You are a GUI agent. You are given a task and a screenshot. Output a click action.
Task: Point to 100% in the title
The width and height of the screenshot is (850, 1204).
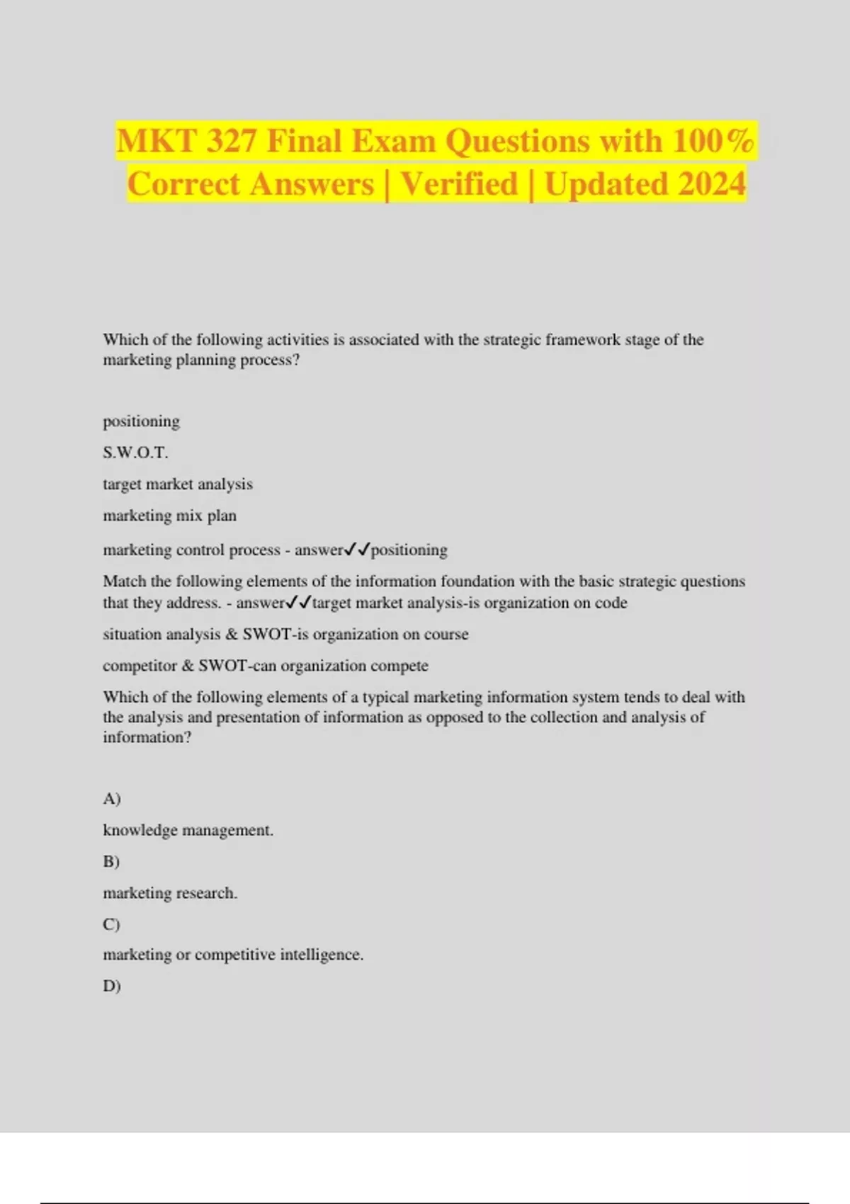[x=713, y=140]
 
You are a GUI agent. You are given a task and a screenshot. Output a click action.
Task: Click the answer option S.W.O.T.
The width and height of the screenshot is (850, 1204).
[x=135, y=453]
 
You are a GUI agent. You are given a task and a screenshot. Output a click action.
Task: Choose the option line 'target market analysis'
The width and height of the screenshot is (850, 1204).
[x=178, y=484]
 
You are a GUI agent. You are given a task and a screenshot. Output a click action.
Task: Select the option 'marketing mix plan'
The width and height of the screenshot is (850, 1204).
[x=170, y=516]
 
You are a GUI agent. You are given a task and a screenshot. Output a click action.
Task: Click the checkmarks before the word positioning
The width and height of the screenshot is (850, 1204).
[x=357, y=550]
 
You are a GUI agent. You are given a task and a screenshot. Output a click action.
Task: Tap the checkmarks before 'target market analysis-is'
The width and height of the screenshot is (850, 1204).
[x=298, y=603]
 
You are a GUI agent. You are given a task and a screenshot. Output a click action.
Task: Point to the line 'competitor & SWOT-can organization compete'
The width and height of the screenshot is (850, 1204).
[x=266, y=666]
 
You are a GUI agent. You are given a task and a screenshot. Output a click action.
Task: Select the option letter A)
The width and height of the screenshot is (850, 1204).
[x=112, y=799]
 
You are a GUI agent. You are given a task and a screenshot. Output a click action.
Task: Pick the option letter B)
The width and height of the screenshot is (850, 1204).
[x=111, y=862]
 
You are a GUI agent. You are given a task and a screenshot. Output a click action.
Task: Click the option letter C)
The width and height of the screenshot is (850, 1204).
[x=111, y=924]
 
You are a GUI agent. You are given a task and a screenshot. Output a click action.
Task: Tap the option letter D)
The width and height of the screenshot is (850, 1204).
[x=112, y=986]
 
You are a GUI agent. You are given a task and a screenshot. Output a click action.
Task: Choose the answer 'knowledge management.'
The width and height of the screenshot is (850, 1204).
[x=188, y=830]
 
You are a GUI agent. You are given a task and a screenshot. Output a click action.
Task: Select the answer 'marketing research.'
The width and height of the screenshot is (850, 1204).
[x=170, y=893]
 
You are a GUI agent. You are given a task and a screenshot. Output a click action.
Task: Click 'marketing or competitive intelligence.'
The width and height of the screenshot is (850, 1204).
[x=233, y=955]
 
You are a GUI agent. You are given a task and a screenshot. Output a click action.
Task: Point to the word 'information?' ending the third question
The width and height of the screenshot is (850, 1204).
[x=147, y=737]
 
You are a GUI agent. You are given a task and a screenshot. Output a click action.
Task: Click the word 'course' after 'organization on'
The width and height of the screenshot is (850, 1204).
[x=446, y=634]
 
